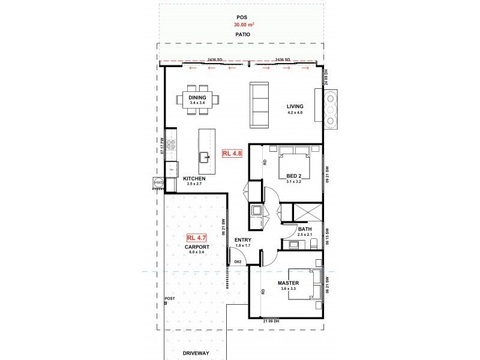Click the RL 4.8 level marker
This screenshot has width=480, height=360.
pyautogui.click(x=232, y=153)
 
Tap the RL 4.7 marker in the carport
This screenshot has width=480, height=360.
pyautogui.click(x=197, y=238)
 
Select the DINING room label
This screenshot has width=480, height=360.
pyautogui.click(x=197, y=97)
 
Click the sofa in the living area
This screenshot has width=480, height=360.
pyautogui.click(x=260, y=105)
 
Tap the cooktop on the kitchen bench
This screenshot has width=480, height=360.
pyautogui.click(x=171, y=144)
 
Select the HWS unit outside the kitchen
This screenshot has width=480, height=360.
pyautogui.click(x=158, y=182)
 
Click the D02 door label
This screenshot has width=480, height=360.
pyautogui.click(x=237, y=262)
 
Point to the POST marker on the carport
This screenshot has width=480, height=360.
pyautogui.click(x=170, y=298)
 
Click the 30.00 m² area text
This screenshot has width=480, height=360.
pyautogui.click(x=242, y=25)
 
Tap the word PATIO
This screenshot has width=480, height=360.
pyautogui.click(x=242, y=35)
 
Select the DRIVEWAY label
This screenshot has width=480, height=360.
pyautogui.click(x=197, y=353)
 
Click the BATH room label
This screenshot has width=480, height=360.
pyautogui.click(x=305, y=229)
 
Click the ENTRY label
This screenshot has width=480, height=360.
pyautogui.click(x=243, y=240)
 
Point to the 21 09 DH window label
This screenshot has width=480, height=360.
pyautogui.click(x=271, y=321)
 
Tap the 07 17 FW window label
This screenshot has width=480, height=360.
pyautogui.click(x=162, y=146)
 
